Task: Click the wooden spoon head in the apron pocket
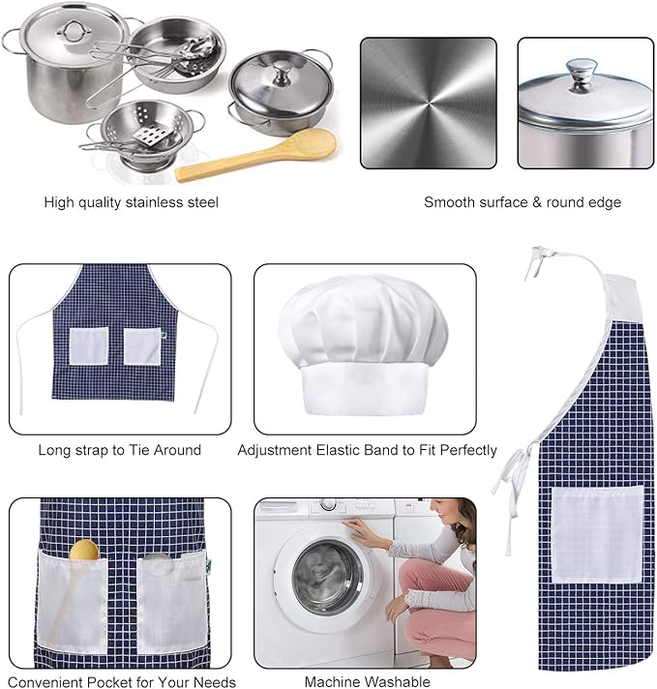(84, 550)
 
